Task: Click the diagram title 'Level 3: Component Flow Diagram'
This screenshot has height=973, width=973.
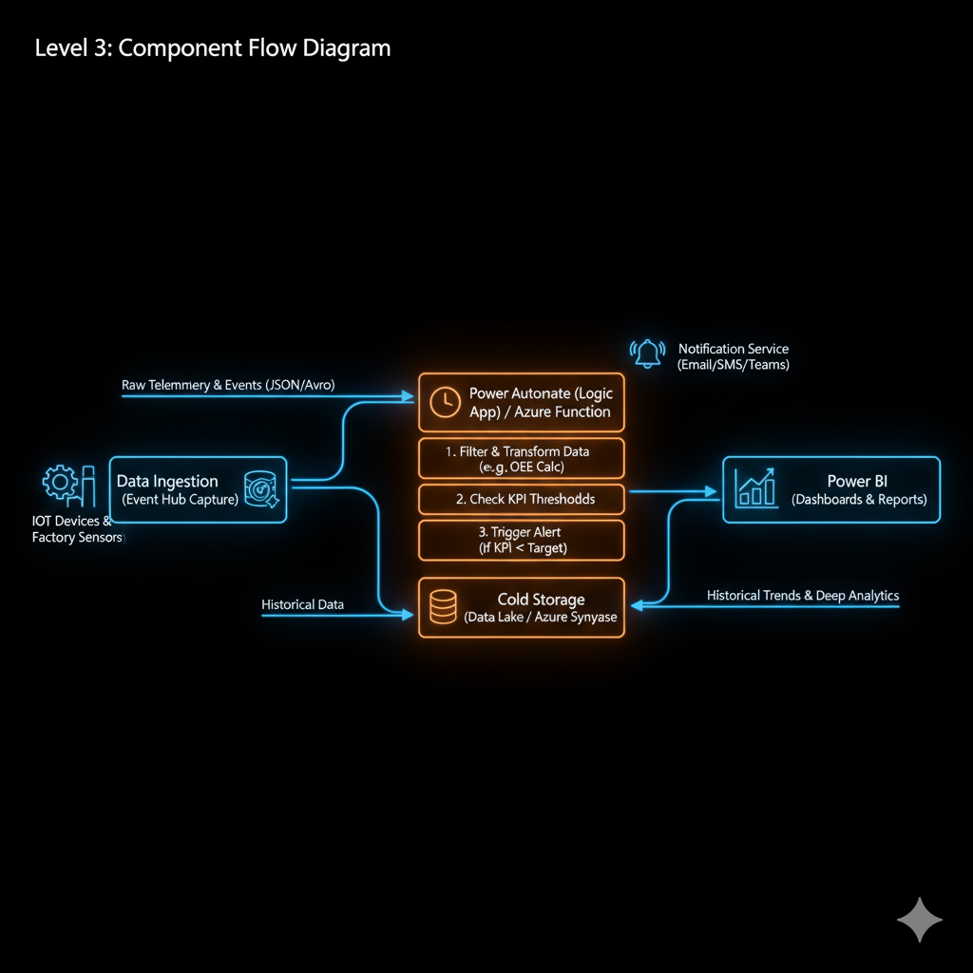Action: point(212,48)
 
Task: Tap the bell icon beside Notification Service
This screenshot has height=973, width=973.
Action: point(648,353)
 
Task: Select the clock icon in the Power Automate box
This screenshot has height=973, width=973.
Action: point(445,402)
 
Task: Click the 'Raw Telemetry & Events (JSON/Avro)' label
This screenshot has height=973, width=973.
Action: point(228,385)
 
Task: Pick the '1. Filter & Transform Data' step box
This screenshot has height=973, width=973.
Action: point(522,458)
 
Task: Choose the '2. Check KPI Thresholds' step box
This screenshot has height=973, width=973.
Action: point(522,499)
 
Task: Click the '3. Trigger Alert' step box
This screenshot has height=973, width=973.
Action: point(522,540)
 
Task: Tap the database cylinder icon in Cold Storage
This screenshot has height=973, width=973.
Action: point(444,607)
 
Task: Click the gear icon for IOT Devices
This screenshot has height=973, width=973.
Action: point(59,483)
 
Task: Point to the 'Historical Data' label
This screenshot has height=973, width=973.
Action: point(302,604)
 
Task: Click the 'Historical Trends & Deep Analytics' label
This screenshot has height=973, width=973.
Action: point(802,596)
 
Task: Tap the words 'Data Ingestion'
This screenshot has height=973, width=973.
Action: point(167,481)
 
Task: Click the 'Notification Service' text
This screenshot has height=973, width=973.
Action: point(733,349)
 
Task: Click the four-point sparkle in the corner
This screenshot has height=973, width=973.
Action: point(920,920)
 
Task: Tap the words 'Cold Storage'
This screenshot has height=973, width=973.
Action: point(541,600)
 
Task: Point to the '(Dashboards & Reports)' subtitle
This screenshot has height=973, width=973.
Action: point(858,499)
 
